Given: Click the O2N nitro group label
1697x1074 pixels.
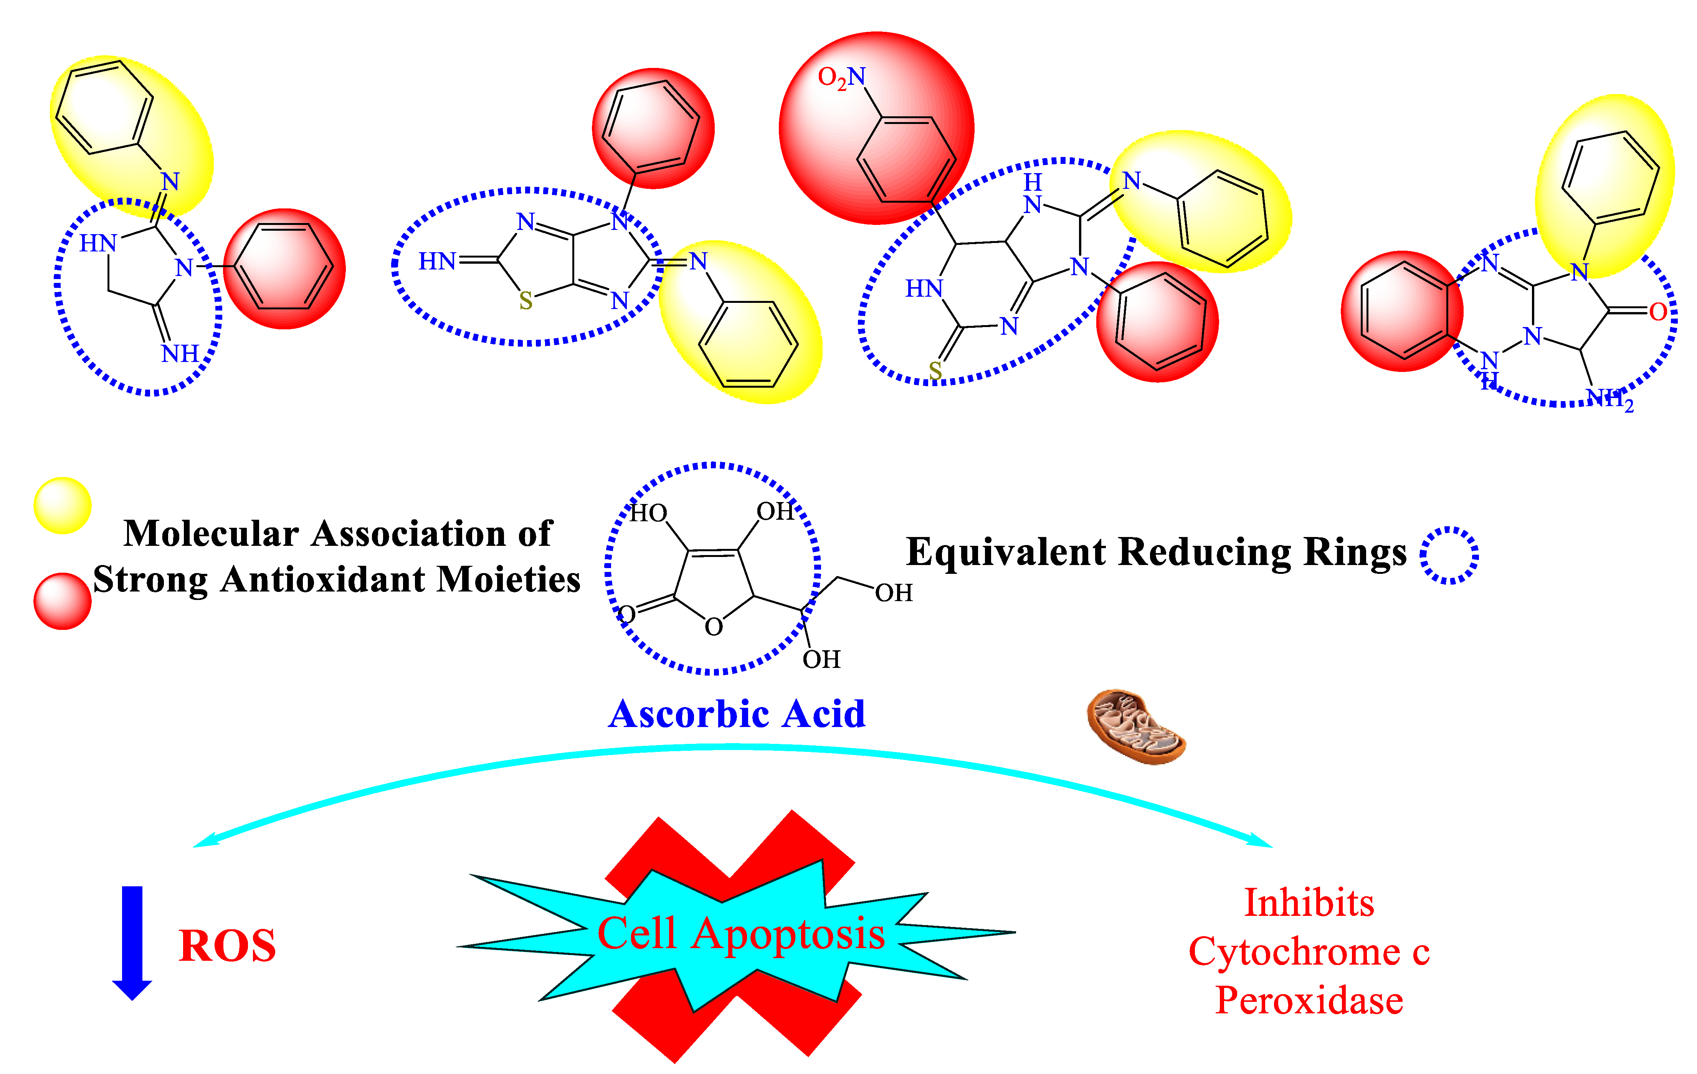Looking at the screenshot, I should (841, 78).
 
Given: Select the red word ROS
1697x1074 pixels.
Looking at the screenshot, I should (227, 946).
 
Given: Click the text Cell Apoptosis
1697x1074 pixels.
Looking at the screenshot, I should (740, 934).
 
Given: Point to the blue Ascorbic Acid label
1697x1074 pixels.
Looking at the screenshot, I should (737, 714).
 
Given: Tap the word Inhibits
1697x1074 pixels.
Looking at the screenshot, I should (1309, 903).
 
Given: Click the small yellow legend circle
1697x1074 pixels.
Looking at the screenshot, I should (63, 505).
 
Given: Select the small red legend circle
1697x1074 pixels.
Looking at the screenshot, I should (63, 600).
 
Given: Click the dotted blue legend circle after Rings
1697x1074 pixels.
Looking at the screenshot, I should (1449, 555).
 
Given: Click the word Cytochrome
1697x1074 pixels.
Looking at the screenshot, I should (1293, 952).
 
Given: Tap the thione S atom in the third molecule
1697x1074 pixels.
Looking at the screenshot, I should (935, 370).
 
